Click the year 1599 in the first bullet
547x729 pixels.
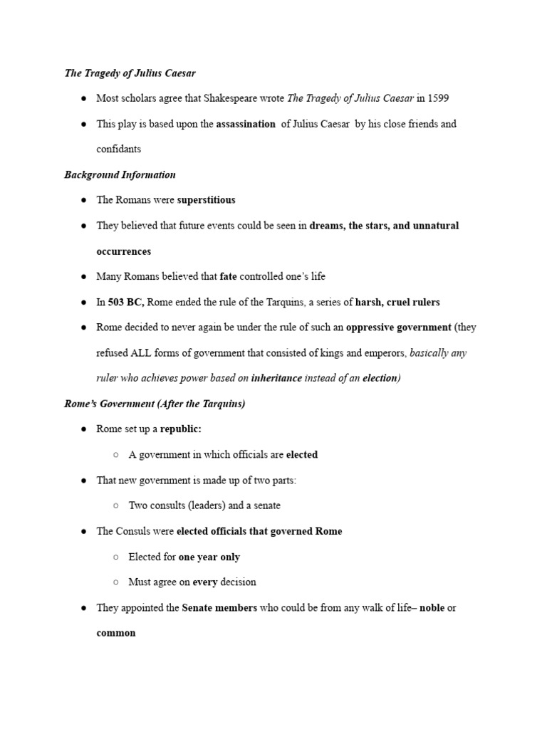pos(437,98)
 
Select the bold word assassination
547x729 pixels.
pos(246,124)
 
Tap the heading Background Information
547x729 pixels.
pos(120,174)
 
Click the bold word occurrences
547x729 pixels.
pos(123,251)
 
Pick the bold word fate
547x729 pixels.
pos(228,276)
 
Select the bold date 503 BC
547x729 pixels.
pos(125,302)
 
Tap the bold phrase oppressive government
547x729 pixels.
pos(398,327)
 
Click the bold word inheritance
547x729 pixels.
pos(276,378)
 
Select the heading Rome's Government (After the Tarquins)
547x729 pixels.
pos(155,404)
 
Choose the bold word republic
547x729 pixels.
pos(181,429)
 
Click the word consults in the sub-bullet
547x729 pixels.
pos(173,505)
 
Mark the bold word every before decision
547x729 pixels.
pos(204,582)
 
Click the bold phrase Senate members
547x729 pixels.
pos(219,608)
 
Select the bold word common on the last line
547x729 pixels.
pos(116,633)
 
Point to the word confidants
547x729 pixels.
pos(119,150)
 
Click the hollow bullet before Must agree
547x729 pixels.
pos(116,582)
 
